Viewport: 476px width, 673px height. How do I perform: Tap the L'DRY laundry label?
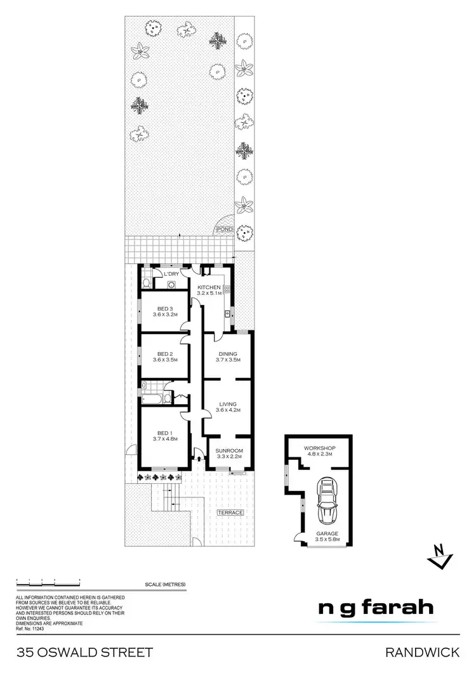[x=171, y=274]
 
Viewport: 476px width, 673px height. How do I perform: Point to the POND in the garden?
[x=225, y=229]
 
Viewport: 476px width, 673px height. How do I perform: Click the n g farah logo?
[x=376, y=608]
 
